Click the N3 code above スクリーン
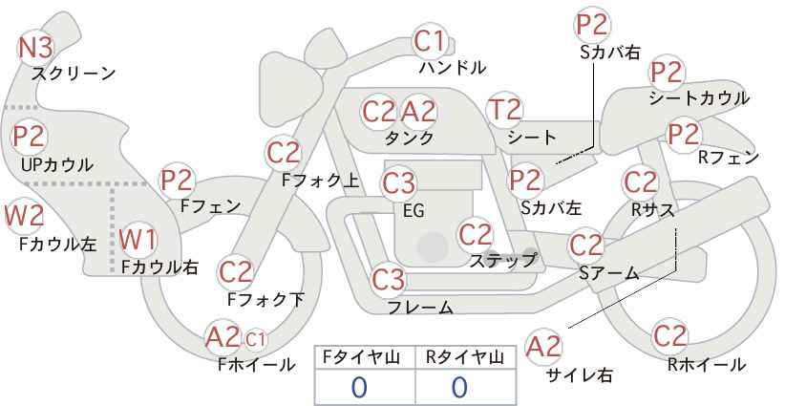[x=35, y=48]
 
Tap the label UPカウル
[x=56, y=165]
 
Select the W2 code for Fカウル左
[x=24, y=217]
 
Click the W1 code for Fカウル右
[x=138, y=240]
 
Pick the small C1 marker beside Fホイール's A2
[x=255, y=339]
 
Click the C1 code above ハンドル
[x=429, y=41]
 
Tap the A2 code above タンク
[x=418, y=112]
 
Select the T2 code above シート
[x=504, y=110]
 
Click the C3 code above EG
[x=398, y=183]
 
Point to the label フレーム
[x=420, y=307]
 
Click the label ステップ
[x=502, y=261]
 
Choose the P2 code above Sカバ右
[x=592, y=25]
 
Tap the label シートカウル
[x=699, y=98]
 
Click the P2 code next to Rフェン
[x=684, y=135]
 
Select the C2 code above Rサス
[x=640, y=182]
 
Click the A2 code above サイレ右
[x=543, y=346]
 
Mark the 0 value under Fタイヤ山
[x=359, y=387]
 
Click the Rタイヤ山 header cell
[x=465, y=357]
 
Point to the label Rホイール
[x=707, y=365]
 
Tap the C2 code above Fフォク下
[x=236, y=273]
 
